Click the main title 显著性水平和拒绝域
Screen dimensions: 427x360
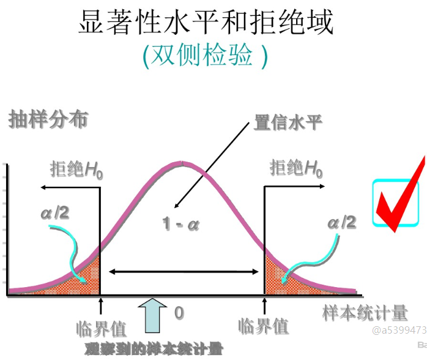[207, 23]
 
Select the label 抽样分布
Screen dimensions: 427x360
[48, 119]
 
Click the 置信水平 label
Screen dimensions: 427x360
[288, 122]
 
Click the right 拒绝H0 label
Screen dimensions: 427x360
[295, 167]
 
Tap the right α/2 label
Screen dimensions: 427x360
[341, 222]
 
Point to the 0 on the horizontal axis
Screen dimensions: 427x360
[179, 313]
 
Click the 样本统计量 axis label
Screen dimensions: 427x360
[365, 313]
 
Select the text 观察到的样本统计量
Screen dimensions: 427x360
[154, 349]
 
